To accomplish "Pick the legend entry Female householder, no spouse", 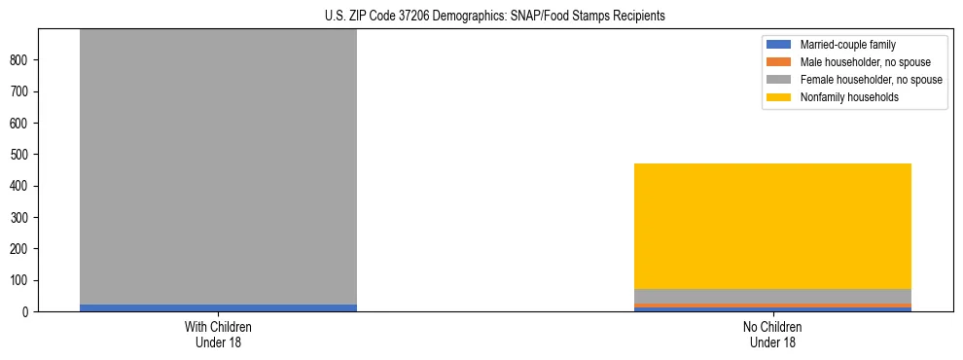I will (871, 80).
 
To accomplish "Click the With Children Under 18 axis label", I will (218, 334).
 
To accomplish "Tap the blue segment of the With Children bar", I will (218, 307).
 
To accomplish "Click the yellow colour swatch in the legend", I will (779, 97).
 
